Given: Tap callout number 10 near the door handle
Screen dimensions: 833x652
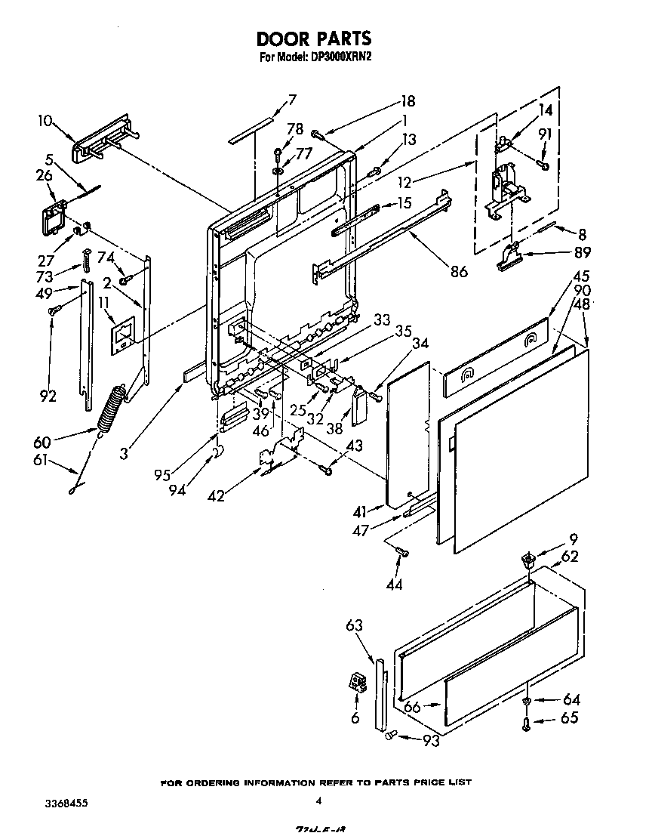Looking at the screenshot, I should [45, 120].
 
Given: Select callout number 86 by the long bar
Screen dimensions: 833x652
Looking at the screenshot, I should [457, 272].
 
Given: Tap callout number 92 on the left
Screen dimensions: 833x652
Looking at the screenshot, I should [47, 395].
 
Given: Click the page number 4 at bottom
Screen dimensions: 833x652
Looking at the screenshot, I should [319, 802].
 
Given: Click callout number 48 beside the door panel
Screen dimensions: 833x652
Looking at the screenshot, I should [583, 304].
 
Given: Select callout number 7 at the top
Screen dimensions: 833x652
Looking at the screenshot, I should [291, 99].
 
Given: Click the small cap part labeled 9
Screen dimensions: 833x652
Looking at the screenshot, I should [528, 560].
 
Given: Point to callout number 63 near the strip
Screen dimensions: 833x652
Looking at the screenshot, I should [355, 625].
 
